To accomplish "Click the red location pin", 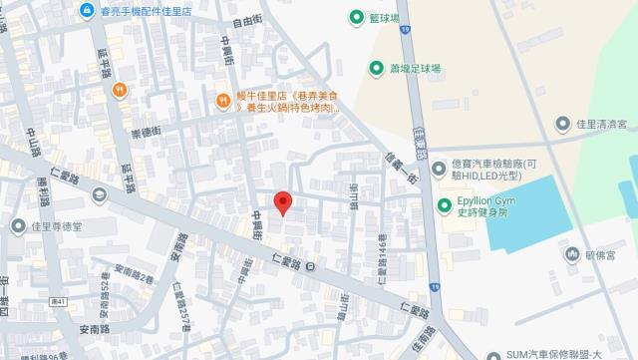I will [283, 202].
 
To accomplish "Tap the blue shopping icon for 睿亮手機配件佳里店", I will [87, 11].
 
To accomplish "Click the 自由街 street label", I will [246, 20].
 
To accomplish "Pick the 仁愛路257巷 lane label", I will [181, 305].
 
